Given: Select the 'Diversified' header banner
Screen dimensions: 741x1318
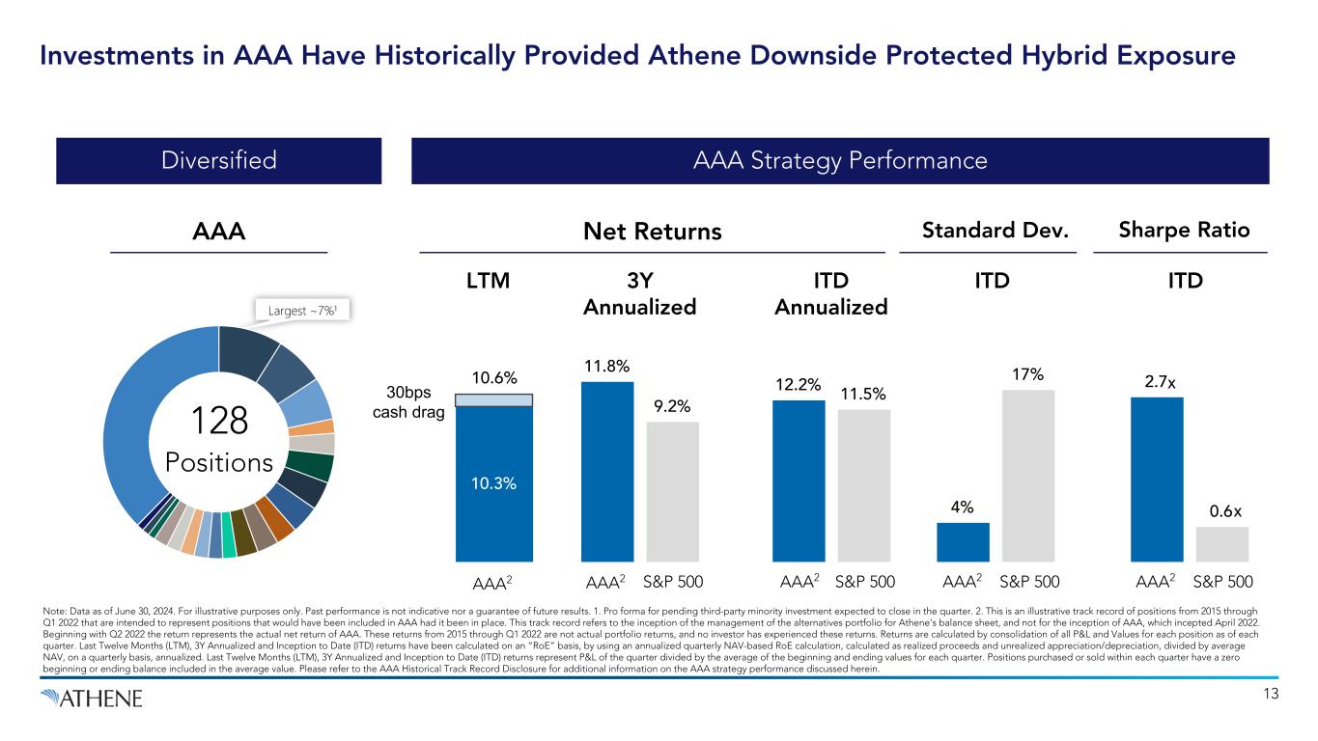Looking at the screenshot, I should (218, 160).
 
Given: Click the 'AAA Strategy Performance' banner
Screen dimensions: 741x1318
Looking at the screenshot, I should (839, 160).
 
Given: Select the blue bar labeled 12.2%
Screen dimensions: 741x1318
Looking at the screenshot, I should (799, 480).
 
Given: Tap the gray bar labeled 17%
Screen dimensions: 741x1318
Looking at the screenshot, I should (1027, 475).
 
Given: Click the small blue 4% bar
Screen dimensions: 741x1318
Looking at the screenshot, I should (963, 541).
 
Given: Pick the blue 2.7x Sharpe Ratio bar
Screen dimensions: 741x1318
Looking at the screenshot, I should (1156, 479).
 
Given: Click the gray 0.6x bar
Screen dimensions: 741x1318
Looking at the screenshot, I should (1221, 543).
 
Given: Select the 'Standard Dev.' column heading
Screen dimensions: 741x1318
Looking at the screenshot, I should (988, 231).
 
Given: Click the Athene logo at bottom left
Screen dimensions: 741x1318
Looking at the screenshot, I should (92, 698).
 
